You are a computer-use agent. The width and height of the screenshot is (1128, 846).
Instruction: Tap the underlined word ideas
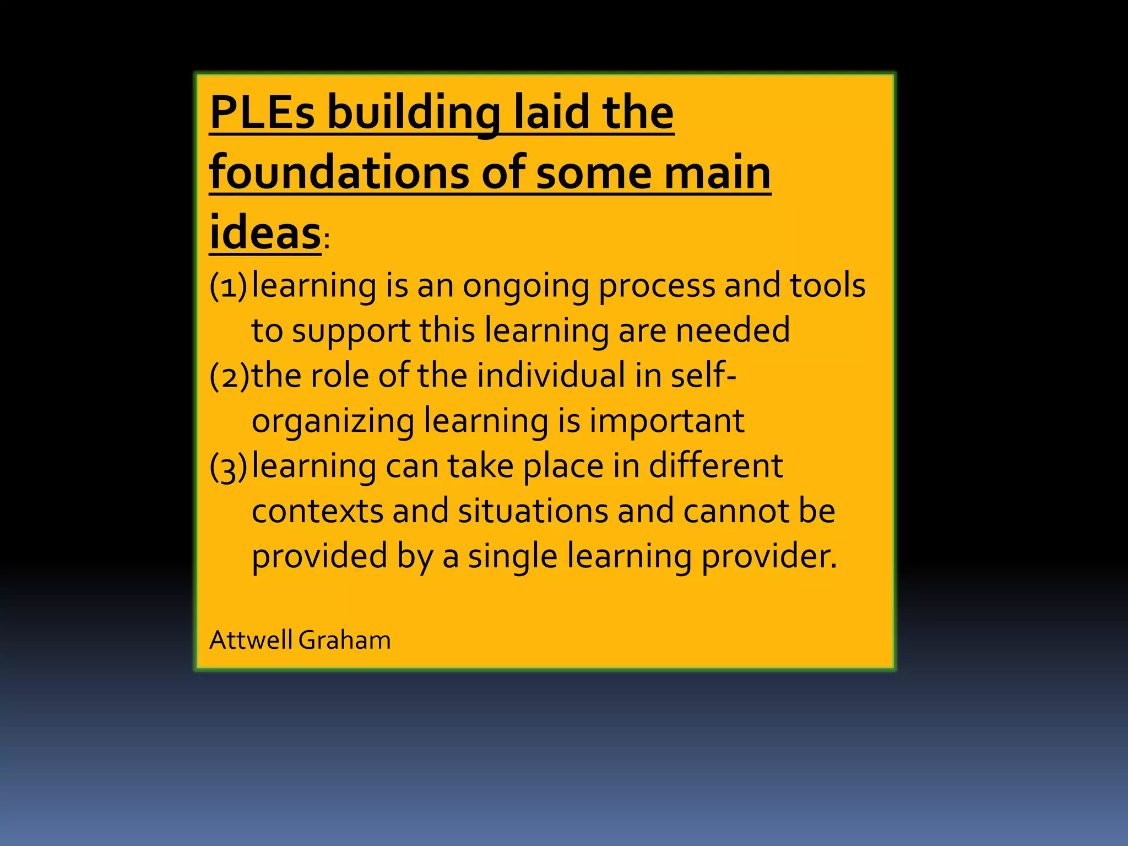tap(265, 232)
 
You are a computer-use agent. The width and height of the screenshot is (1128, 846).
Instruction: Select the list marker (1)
tap(228, 286)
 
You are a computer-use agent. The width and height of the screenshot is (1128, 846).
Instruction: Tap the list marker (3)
tap(228, 467)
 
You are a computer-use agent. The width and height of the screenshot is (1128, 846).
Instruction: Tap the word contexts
tap(317, 511)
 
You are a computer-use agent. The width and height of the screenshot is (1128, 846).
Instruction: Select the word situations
tap(532, 511)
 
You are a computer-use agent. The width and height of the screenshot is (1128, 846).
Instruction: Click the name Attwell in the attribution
tap(251, 640)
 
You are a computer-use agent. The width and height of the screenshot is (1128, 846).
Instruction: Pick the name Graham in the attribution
tap(345, 640)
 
